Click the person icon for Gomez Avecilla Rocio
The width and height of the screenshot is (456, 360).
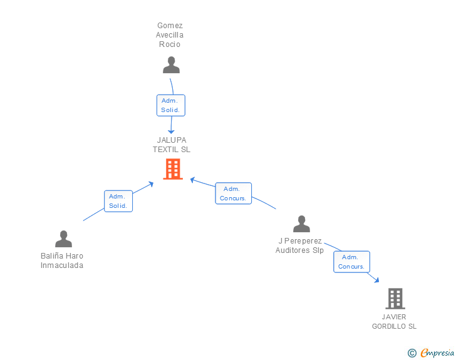(x=171, y=65)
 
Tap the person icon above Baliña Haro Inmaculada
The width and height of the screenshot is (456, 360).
(x=63, y=239)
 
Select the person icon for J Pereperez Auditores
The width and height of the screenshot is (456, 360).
(x=301, y=224)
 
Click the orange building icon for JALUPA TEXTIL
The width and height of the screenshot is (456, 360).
(x=173, y=169)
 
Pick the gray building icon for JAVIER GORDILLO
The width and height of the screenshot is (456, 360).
(x=395, y=299)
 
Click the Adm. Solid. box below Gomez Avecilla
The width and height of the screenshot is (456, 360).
(x=171, y=105)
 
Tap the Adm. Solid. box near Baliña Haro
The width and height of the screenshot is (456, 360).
(x=118, y=201)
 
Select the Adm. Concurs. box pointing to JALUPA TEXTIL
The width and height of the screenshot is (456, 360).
(x=233, y=193)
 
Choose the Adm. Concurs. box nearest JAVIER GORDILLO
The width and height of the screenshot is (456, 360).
(x=351, y=262)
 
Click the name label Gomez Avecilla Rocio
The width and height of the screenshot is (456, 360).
(x=170, y=35)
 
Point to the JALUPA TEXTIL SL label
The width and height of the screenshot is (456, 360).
(x=172, y=145)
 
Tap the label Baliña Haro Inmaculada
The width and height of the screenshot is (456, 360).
(x=62, y=260)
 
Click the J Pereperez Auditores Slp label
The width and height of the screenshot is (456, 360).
(x=299, y=245)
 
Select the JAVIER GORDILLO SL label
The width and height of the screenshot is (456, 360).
(x=394, y=322)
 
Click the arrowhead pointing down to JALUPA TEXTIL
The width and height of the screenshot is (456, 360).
(x=171, y=131)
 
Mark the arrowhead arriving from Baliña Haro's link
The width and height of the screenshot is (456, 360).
(x=150, y=184)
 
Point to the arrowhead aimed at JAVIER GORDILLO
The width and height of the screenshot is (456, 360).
(x=376, y=280)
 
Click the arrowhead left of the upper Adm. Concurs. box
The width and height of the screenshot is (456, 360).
(x=192, y=180)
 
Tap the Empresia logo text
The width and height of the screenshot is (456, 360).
(x=437, y=352)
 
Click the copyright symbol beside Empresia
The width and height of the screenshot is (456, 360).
(x=412, y=353)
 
